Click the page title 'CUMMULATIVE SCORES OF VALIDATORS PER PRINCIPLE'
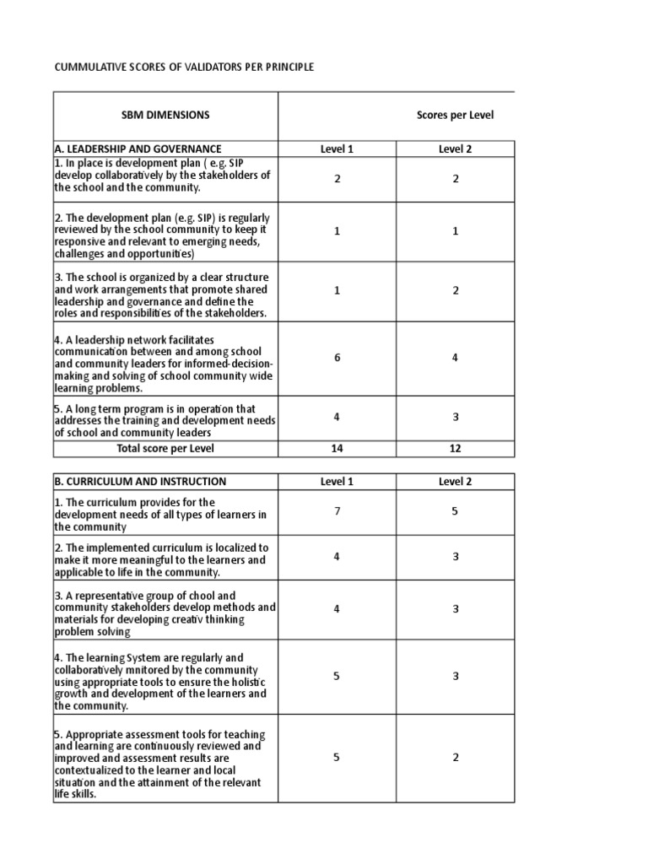(x=184, y=67)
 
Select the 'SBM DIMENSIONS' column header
(x=165, y=115)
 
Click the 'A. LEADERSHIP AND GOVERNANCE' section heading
(x=138, y=149)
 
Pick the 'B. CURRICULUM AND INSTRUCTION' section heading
(x=140, y=482)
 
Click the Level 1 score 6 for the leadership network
(x=337, y=358)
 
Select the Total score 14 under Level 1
(x=337, y=449)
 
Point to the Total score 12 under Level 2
(x=455, y=449)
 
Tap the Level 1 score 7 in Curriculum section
(x=337, y=511)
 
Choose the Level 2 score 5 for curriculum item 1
(x=455, y=511)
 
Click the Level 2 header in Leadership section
(x=455, y=149)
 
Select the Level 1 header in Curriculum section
(x=337, y=482)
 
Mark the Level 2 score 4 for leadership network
(x=455, y=358)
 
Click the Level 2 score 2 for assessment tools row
(x=455, y=758)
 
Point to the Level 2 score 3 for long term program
(x=455, y=417)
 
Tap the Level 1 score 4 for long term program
(x=337, y=417)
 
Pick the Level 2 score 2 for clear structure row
(x=455, y=290)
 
